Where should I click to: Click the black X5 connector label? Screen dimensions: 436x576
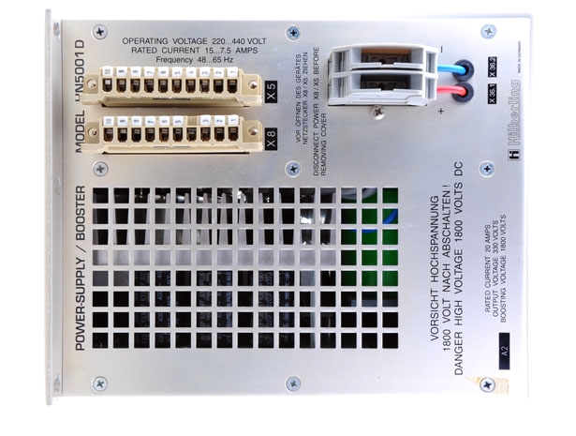pyautogui.click(x=272, y=92)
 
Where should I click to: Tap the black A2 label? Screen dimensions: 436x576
pyautogui.click(x=503, y=353)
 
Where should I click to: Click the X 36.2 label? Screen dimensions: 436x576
pyautogui.click(x=491, y=67)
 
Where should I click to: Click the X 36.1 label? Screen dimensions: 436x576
pyautogui.click(x=491, y=92)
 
